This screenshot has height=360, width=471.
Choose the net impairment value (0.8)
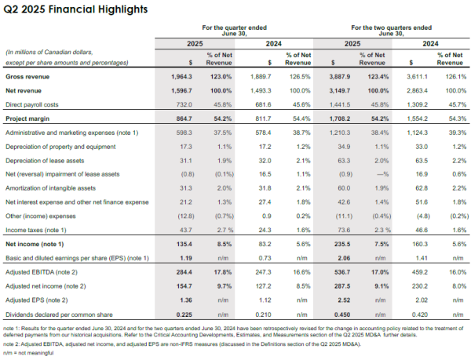click(x=184, y=174)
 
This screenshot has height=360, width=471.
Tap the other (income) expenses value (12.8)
click(x=184, y=215)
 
